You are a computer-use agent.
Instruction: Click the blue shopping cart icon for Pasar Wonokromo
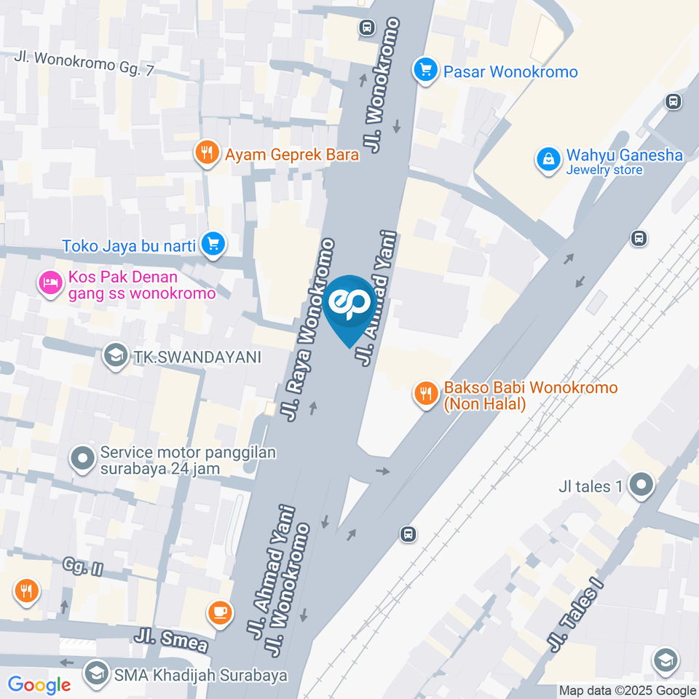pyautogui.click(x=424, y=71)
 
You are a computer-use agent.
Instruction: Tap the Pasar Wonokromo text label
pyautogui.click(x=510, y=72)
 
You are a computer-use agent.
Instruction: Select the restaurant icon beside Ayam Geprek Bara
pyautogui.click(x=208, y=153)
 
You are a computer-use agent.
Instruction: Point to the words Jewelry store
pyautogui.click(x=604, y=170)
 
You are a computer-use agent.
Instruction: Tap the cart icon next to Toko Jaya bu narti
pyautogui.click(x=213, y=244)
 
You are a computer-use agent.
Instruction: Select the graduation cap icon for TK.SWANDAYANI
pyautogui.click(x=113, y=356)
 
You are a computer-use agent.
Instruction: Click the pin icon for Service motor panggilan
pyautogui.click(x=82, y=459)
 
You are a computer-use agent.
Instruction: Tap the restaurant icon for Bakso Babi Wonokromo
pyautogui.click(x=425, y=394)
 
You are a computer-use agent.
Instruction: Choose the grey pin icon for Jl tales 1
pyautogui.click(x=641, y=485)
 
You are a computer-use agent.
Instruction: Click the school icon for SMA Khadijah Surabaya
pyautogui.click(x=96, y=674)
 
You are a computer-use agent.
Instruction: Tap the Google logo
pyautogui.click(x=39, y=684)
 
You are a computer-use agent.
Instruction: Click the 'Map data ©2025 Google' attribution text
pyautogui.click(x=627, y=690)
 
